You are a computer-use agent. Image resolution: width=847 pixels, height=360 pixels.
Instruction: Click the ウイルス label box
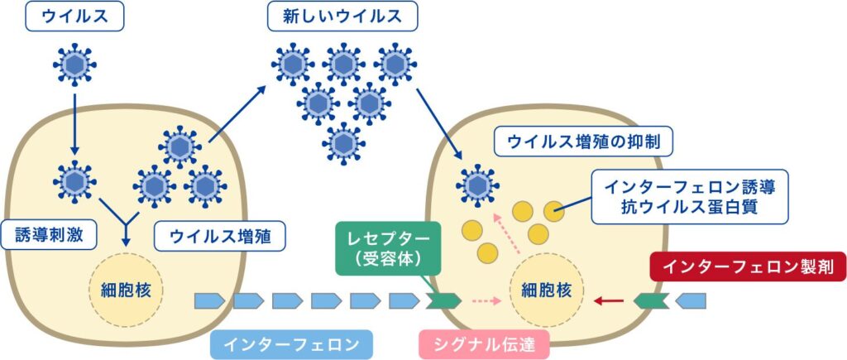pos(74,17)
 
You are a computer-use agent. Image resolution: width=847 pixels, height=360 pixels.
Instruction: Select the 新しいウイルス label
pos(342,17)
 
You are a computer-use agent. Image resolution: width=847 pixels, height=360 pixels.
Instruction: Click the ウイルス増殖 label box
pos(220,237)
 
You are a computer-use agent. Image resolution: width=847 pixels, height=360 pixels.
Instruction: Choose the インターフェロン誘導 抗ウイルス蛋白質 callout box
pos(690,197)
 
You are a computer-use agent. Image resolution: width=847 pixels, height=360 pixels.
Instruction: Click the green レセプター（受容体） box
pos(388,249)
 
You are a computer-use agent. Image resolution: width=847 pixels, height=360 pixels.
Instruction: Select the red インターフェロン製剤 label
pos(748,266)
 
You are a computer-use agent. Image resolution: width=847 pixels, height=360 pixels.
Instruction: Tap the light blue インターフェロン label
pos(291,343)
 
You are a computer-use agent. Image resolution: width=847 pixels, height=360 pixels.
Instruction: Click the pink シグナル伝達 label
pos(484,343)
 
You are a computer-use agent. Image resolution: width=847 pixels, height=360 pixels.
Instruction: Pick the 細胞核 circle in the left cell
pos(126,290)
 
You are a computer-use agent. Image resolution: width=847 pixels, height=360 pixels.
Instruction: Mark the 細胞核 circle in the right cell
pos(546,290)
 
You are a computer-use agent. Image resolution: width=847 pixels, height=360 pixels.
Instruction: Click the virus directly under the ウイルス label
pos(74,65)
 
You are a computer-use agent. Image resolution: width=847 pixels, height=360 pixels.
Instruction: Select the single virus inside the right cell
pos(477,186)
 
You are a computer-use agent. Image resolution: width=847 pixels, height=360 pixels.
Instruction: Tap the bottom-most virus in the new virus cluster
pos(343,143)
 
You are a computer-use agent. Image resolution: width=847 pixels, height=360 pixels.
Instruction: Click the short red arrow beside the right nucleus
pos(609,300)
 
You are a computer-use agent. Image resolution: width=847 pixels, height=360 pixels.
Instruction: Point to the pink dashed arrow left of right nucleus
pos(486,300)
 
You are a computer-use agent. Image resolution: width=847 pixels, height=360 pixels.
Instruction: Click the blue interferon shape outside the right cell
pos(691,300)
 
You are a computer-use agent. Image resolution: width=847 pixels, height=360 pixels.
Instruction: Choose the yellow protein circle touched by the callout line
pos(554,211)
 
